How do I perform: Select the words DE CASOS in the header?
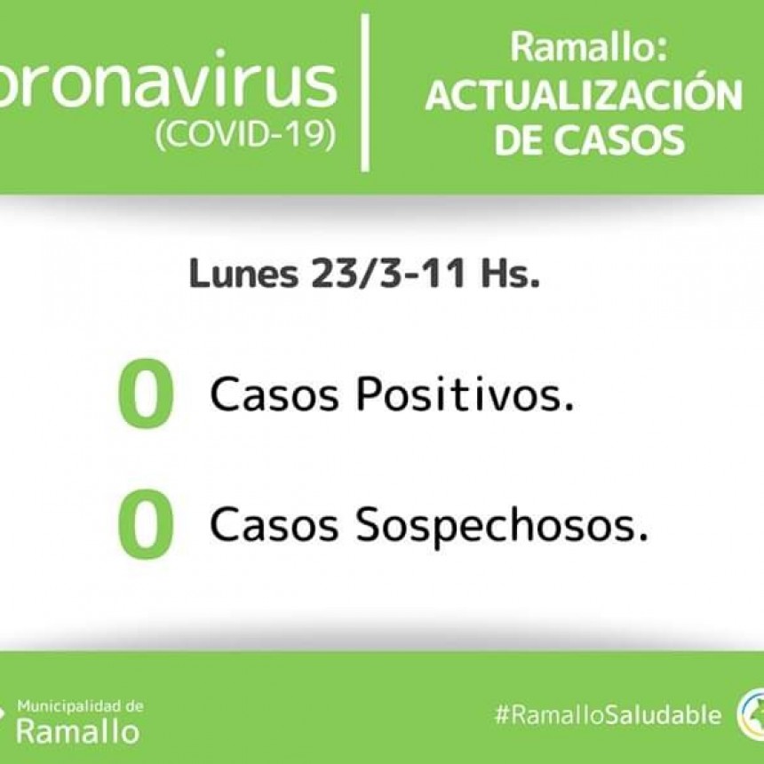590,139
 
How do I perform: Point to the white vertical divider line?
365,92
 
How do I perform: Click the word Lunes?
243,274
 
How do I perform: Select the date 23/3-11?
388,273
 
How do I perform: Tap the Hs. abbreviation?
510,274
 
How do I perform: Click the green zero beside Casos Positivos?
146,394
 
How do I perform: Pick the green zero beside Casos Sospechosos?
146,524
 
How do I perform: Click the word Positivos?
466,394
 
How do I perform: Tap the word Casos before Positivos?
275,394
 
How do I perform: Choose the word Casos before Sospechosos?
275,524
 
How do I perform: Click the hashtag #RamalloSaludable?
608,715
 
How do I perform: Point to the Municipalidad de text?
80,706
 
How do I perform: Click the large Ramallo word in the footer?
78,731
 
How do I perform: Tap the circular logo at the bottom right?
751,715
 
